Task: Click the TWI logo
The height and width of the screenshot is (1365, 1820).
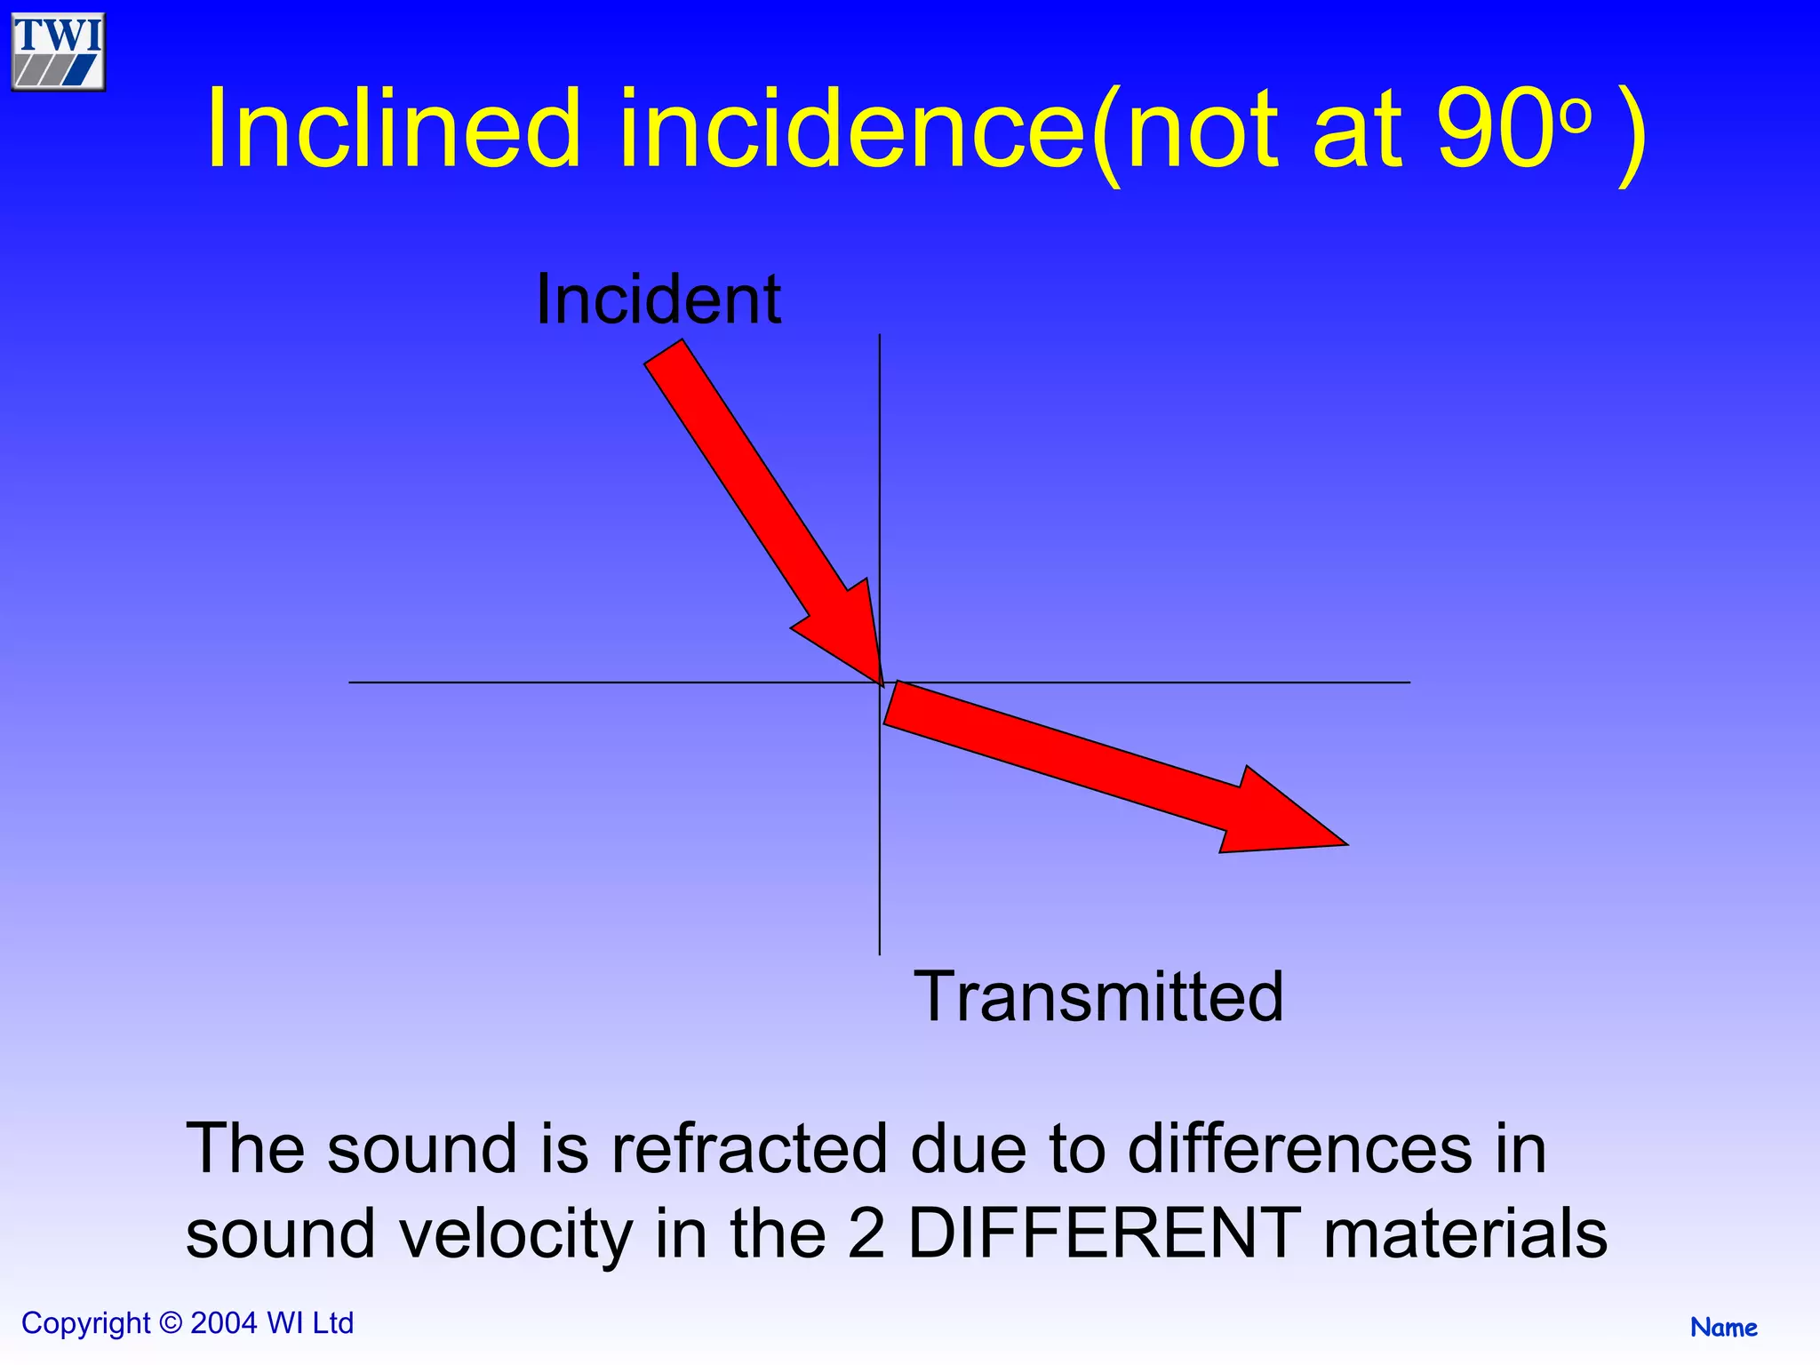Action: click(59, 52)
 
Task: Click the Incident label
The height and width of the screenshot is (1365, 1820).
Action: click(659, 300)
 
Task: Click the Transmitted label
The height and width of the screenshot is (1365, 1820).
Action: click(1098, 997)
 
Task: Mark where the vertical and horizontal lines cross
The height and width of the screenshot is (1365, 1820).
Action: click(880, 682)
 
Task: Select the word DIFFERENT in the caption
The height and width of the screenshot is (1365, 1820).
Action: click(1105, 1234)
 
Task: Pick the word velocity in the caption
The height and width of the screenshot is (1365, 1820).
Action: click(515, 1234)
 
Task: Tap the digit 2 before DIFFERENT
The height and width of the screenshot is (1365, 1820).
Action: click(866, 1234)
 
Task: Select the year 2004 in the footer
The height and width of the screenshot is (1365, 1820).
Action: click(224, 1323)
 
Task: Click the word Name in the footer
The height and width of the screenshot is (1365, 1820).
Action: click(1723, 1328)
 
